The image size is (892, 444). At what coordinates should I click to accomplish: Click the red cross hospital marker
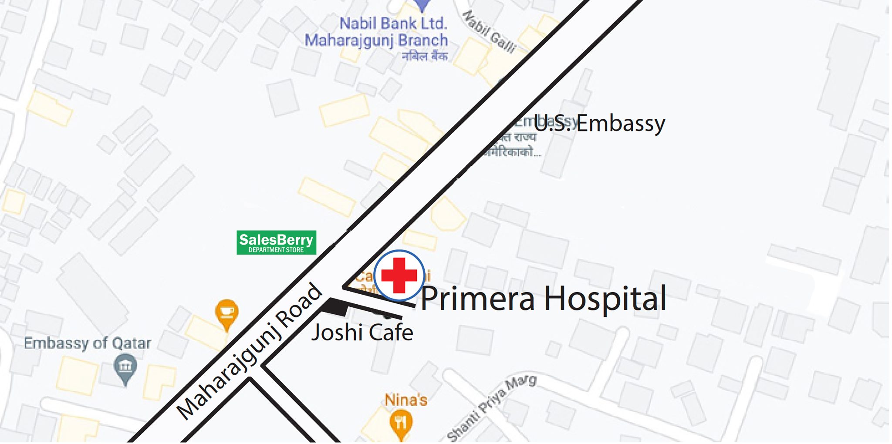[x=399, y=275]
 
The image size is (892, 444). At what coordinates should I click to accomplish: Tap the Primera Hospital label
[x=543, y=299]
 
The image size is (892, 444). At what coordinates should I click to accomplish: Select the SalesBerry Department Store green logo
[x=276, y=242]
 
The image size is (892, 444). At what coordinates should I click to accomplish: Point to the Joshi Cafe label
[x=362, y=333]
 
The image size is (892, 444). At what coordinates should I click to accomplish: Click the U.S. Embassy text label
[x=599, y=123]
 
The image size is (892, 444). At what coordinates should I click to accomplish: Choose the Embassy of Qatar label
[x=87, y=343]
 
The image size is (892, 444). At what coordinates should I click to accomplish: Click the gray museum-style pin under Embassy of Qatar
[x=125, y=368]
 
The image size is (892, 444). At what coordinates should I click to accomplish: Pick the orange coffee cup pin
[x=226, y=313]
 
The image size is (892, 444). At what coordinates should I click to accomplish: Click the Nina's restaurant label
[x=405, y=400]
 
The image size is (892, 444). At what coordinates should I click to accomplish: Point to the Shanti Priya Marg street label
[x=491, y=408]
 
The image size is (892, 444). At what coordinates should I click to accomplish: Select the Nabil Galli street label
[x=489, y=31]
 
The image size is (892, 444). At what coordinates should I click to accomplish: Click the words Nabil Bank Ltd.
[x=393, y=23]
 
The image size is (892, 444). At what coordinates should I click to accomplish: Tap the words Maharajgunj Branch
[x=376, y=40]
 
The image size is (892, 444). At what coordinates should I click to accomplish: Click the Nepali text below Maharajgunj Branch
[x=425, y=56]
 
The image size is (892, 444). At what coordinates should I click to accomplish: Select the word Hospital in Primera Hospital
[x=605, y=299]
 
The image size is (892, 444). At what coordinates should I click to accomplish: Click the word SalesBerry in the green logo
[x=276, y=239]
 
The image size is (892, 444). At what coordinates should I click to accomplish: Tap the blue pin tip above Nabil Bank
[x=422, y=6]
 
